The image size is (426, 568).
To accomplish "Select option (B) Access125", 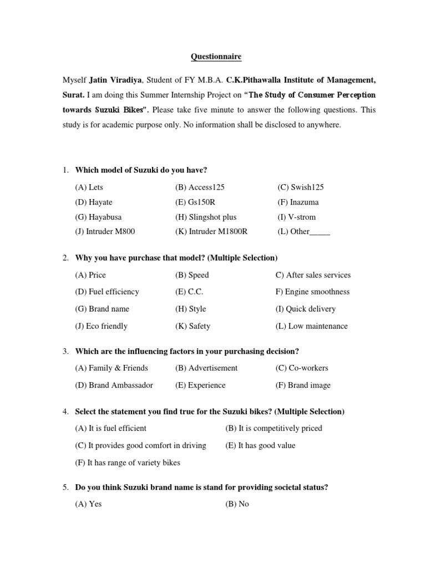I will click(200, 187).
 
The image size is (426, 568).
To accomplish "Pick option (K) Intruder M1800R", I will click(210, 232).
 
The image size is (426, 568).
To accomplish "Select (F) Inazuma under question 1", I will click(298, 202).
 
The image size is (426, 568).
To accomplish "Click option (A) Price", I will click(90, 275).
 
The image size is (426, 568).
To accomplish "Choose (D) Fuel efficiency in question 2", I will click(107, 292).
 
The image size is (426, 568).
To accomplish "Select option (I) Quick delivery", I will click(305, 309).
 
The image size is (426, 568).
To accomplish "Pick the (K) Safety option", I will click(192, 326).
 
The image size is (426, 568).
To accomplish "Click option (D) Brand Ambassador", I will click(114, 385).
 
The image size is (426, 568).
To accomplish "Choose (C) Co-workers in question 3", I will click(301, 368).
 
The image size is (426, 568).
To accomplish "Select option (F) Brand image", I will click(303, 385).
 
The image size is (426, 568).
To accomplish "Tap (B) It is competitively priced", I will click(273, 428).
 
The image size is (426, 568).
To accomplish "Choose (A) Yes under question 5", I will click(89, 505).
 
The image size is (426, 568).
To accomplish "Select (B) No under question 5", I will click(237, 505).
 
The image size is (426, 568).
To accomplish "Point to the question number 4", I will click(65, 412).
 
